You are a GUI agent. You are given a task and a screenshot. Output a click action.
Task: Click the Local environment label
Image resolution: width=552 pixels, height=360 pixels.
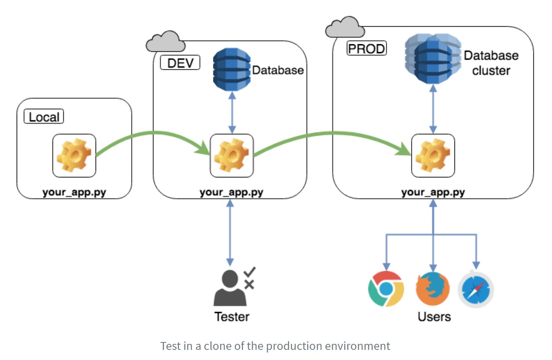(44, 117)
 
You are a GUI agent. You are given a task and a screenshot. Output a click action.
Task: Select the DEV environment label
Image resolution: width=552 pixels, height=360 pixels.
(180, 63)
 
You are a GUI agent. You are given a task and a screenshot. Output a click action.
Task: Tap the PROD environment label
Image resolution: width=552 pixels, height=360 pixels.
(366, 49)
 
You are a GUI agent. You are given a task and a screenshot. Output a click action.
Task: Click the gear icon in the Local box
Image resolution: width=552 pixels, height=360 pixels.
(74, 156)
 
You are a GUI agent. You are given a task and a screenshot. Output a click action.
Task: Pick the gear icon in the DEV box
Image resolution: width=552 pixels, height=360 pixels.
(232, 156)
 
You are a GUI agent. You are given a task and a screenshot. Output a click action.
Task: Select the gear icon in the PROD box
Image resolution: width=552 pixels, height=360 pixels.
(433, 156)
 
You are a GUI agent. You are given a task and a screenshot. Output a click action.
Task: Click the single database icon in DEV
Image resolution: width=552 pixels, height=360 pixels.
(231, 69)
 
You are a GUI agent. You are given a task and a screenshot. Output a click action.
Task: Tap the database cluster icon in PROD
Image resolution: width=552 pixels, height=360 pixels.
(433, 58)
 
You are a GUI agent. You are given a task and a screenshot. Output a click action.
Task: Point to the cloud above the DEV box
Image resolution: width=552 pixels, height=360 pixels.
(165, 42)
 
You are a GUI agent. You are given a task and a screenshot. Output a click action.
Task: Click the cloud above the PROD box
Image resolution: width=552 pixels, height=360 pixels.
(345, 27)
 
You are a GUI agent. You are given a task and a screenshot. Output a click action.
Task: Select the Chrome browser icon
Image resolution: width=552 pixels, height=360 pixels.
(386, 289)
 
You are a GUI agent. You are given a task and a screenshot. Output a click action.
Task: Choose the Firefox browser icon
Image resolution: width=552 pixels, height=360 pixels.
(433, 289)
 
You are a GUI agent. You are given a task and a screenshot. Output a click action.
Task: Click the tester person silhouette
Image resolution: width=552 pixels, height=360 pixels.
(229, 289)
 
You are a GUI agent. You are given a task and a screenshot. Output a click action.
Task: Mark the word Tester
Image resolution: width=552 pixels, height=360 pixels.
(232, 317)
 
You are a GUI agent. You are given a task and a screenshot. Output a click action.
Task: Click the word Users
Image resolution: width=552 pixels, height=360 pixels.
(434, 317)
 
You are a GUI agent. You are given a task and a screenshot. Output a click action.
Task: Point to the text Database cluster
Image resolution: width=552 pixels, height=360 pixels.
(491, 63)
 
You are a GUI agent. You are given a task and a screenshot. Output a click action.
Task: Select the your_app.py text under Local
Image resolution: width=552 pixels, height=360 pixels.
(74, 192)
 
